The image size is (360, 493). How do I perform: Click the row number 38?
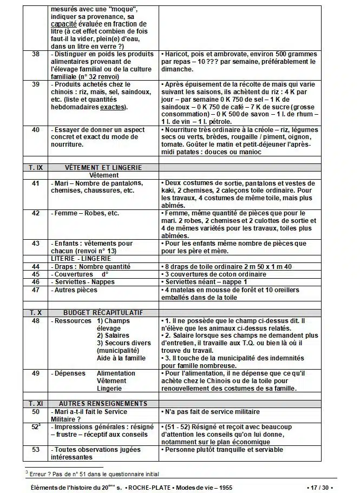pyautogui.click(x=36, y=55)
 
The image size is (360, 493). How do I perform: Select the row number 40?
pyautogui.click(x=36, y=130)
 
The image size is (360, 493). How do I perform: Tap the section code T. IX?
pyautogui.click(x=36, y=168)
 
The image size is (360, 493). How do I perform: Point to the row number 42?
pyautogui.click(x=36, y=213)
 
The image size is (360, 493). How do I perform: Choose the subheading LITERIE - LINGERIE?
pyautogui.click(x=80, y=259)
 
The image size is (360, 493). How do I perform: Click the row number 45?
pyautogui.click(x=36, y=274)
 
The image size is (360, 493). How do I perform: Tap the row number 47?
pyautogui.click(x=36, y=290)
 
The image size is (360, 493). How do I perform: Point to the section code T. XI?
pyautogui.click(x=36, y=404)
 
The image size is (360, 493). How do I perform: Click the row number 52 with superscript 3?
pyautogui.click(x=36, y=427)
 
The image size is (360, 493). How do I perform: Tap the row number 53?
pyautogui.click(x=36, y=450)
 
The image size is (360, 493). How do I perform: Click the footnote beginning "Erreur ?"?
pyautogui.click(x=92, y=474)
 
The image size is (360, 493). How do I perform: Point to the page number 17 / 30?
pyautogui.click(x=323, y=488)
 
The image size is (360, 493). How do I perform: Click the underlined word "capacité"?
pyautogui.click(x=65, y=24)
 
